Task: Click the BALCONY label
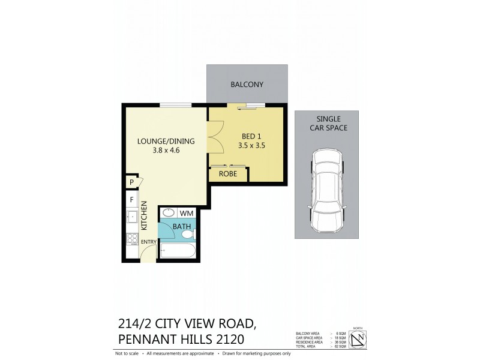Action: click(247, 85)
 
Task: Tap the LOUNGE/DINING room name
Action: click(166, 141)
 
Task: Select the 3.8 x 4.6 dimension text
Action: click(166, 151)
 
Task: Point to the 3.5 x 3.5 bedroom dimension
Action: click(251, 145)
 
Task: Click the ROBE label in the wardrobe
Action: click(228, 174)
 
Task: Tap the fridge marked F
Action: click(130, 199)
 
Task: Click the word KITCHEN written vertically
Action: click(144, 217)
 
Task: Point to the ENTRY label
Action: click(149, 242)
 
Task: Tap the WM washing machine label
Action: click(186, 212)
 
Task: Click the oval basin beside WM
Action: click(169, 212)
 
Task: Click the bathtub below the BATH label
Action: click(177, 251)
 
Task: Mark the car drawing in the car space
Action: click(327, 192)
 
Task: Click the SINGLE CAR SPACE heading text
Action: click(328, 124)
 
